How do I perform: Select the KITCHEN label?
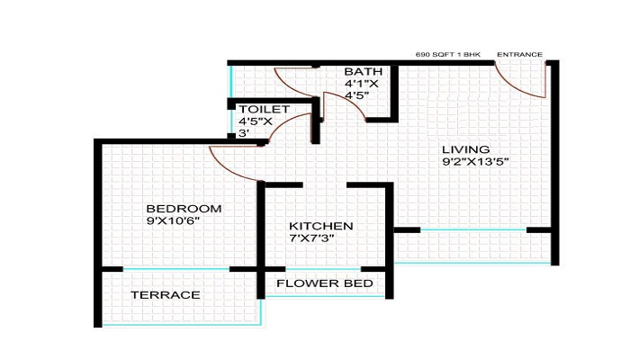(320, 226)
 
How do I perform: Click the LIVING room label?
(465, 148)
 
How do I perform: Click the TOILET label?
(264, 109)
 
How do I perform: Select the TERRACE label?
(165, 295)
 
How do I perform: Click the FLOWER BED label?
(325, 284)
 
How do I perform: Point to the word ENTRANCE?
(519, 54)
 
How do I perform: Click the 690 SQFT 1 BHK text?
(448, 54)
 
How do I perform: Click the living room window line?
(473, 231)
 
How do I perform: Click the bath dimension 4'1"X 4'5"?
(360, 90)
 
